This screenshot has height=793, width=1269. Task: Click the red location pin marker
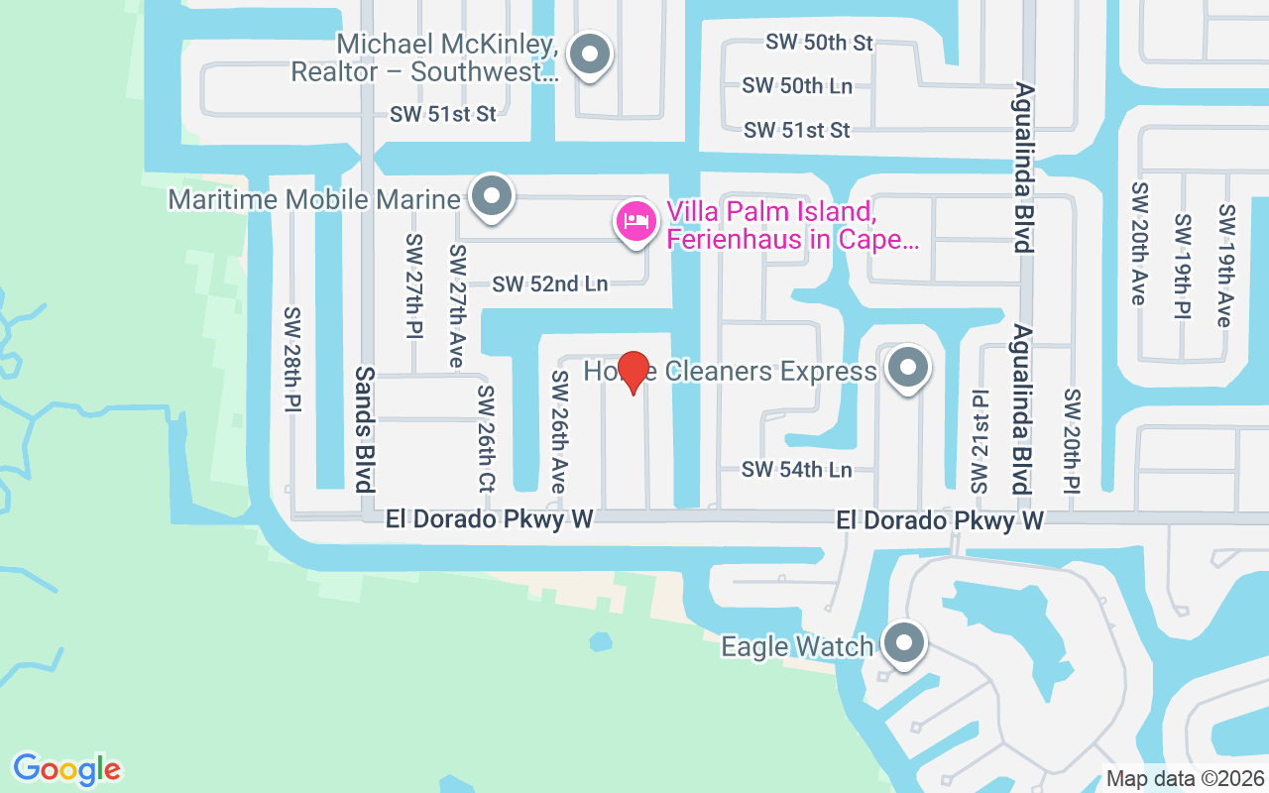[x=633, y=372]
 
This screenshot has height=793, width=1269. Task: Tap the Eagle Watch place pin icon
[x=902, y=644]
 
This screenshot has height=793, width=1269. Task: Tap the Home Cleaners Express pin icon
[x=906, y=369]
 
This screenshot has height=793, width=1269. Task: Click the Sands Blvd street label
[x=365, y=429]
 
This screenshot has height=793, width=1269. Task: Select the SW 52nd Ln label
[x=550, y=284]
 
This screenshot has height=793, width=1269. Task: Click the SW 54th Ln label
[x=797, y=470]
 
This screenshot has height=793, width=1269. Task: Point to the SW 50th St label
[x=819, y=43]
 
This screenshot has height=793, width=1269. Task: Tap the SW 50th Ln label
[x=797, y=86]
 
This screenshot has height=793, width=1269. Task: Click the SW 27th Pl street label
[x=413, y=288]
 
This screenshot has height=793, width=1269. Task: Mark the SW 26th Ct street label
[x=485, y=438]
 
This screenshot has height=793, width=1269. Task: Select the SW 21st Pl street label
[x=980, y=442]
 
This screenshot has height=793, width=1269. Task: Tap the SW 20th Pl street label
[x=1072, y=442]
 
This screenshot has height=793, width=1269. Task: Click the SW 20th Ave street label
[x=1138, y=242]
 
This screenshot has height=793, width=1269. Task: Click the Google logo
[x=66, y=769]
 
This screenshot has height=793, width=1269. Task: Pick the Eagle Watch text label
[x=797, y=647]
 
